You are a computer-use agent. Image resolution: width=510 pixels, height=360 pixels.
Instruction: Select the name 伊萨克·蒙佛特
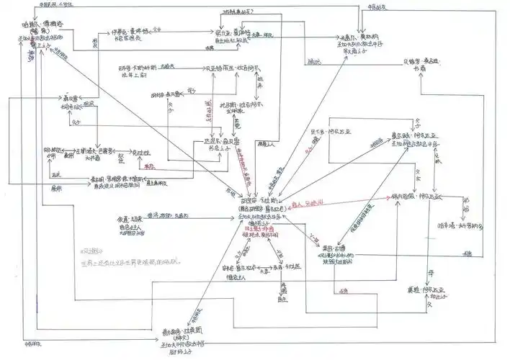(128, 32)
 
